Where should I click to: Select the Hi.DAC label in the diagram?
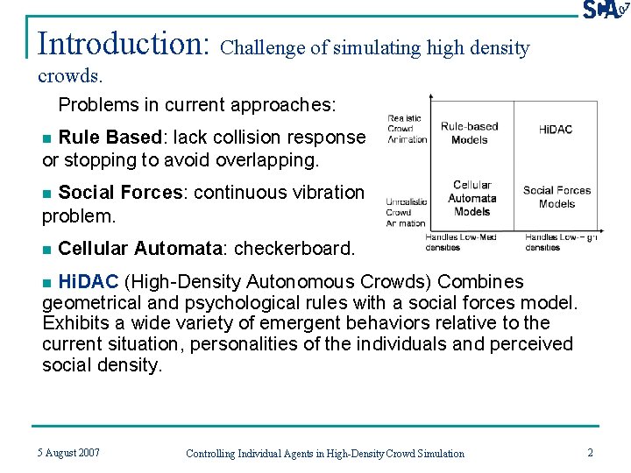556,130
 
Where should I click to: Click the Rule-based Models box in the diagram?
469,133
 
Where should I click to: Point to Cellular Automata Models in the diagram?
472,198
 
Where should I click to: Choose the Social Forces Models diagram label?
557,197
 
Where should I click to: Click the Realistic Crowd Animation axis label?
407,129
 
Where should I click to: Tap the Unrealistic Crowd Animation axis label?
407,212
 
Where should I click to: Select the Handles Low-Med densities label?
460,242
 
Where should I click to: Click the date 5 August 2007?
68,452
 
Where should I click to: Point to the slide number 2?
590,452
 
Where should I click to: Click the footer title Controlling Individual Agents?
325,453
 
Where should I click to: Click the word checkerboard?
293,249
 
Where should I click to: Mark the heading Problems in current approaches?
197,105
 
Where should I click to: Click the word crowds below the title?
70,76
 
